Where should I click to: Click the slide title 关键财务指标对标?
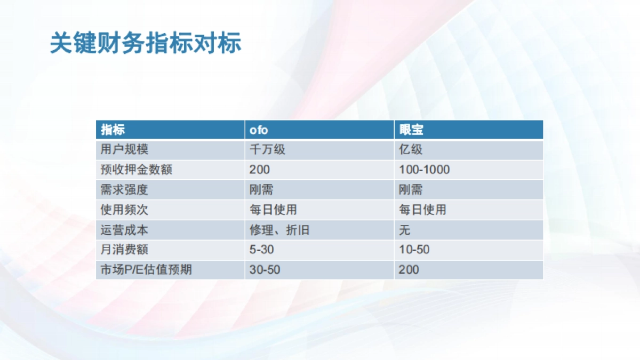pos(145,44)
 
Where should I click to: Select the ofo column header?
pos(259,130)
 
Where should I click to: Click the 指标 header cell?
pos(113,130)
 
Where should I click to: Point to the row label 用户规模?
pos(124,150)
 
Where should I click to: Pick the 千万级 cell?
pos(267,150)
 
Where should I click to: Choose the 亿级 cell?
pos(411,150)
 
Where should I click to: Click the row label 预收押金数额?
pos(136,170)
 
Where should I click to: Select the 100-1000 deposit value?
pos(424,170)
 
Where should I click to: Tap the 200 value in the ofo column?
pos(259,170)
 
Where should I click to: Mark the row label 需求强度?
pos(124,190)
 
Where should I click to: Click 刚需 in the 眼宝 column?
pos(411,190)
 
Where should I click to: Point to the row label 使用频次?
pos(124,210)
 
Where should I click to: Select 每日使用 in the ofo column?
pos(273,210)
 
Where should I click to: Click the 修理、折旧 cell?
pos(279,230)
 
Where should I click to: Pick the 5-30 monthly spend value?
pos(262,250)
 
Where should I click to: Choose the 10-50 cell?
pos(414,250)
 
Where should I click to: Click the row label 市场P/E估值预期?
pos(146,270)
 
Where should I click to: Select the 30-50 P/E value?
pos(265,270)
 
